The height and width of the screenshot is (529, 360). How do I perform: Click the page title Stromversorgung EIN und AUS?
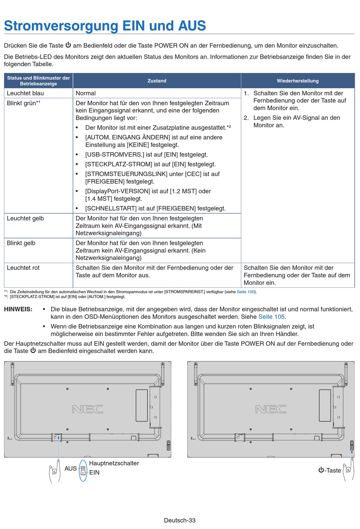coord(105,26)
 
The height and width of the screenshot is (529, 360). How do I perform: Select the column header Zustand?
coord(157,81)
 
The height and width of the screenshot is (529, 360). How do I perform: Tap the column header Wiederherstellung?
coord(297,81)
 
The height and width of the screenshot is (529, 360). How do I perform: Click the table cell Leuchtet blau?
coord(25,93)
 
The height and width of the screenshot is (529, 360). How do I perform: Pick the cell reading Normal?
coord(86,93)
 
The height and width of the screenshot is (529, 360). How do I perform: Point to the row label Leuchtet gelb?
coord(25,218)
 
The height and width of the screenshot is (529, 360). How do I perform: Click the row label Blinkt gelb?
coord(21,243)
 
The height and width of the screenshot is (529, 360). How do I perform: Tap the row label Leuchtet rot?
coord(23,268)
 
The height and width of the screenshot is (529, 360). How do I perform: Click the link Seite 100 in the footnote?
coord(246,292)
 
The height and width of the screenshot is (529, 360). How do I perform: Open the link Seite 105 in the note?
coord(271,317)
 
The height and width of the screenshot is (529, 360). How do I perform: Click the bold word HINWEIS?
coord(18,309)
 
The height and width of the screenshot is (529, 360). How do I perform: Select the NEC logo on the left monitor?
coord(88,409)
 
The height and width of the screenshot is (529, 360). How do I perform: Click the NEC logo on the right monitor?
coord(271,409)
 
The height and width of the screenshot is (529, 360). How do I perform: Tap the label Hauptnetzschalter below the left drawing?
coord(114,463)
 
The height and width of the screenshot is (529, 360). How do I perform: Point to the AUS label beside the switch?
coord(70,468)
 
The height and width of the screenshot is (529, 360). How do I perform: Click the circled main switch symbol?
coord(83,471)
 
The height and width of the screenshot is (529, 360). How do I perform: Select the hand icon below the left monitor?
coord(55,471)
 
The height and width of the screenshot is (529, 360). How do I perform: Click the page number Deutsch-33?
coord(180,520)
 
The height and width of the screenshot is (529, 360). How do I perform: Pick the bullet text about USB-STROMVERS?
coord(146,154)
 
